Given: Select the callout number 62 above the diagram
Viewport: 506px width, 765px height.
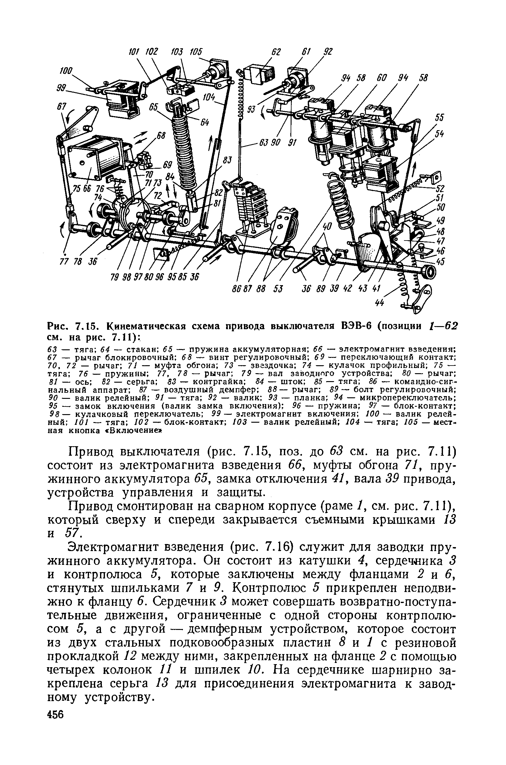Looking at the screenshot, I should point(276,52).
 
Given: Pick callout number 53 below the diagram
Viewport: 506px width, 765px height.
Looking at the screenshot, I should point(278,289).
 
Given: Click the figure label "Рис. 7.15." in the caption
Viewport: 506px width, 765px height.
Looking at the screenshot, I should point(69,326).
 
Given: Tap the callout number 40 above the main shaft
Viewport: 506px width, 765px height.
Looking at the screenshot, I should point(327,227).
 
